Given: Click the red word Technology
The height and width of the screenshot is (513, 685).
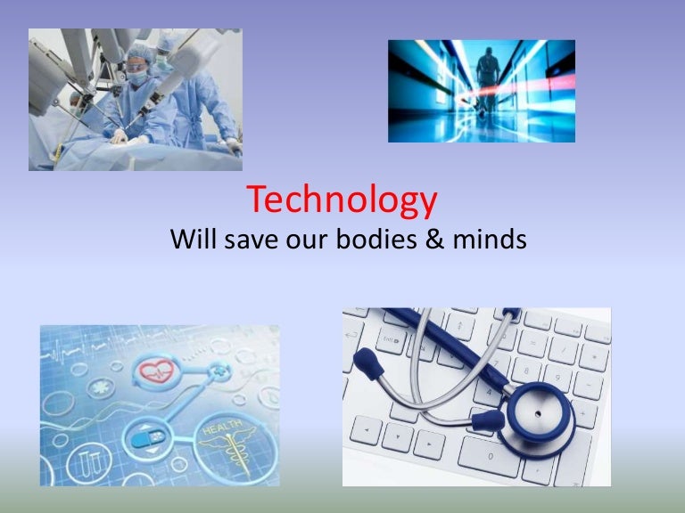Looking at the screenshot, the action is pos(342,200).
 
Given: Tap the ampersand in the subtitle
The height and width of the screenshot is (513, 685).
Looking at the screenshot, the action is pos(434,240).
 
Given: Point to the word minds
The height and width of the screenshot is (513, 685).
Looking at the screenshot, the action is pos(490,239).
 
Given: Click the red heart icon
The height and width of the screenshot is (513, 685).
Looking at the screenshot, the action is pos(156,370).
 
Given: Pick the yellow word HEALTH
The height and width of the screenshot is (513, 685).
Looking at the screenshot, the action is pos(222,428).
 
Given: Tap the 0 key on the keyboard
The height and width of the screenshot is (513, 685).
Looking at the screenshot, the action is pos(491,456).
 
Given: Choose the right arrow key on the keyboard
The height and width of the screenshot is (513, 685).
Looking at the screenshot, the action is pos(429,444).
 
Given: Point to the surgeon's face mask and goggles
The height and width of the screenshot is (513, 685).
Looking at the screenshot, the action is pos(137,73).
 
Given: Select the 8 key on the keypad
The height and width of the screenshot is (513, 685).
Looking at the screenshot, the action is pos(526,370).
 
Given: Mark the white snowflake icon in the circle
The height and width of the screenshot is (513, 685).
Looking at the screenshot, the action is pos(101,387).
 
